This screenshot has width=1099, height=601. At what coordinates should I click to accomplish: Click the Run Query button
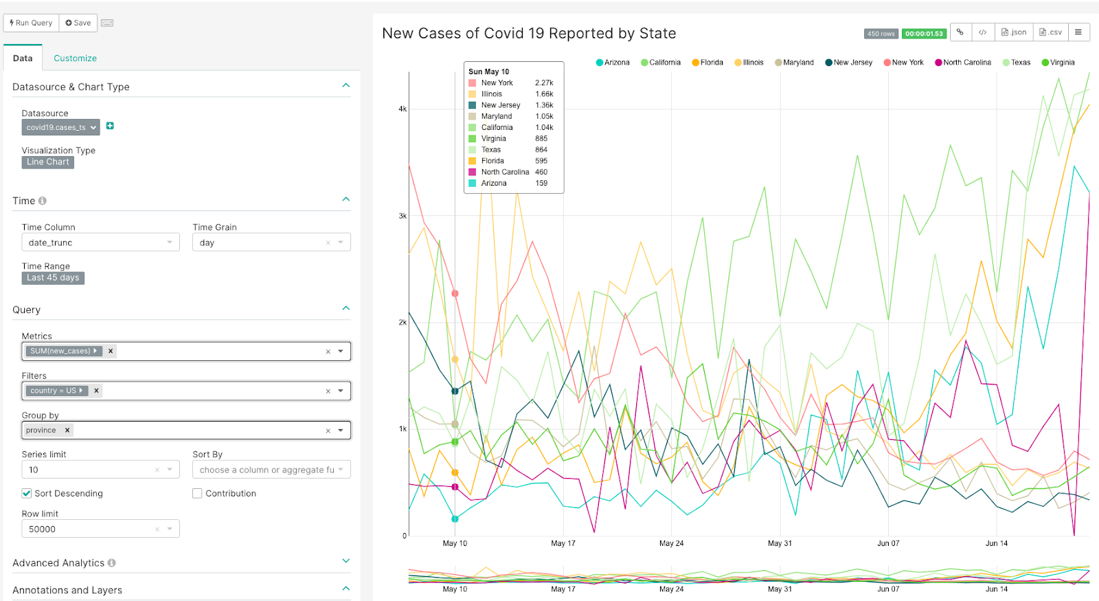coord(32,23)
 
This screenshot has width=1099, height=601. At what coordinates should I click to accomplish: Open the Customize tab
coord(75,58)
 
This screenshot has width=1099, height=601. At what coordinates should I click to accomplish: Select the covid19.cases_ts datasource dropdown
coord(60,127)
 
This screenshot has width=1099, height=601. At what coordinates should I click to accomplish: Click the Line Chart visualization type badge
coord(48,162)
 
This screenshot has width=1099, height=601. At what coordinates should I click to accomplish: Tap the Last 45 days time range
coord(53,278)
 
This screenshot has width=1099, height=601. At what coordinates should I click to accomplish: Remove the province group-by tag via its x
coord(67,430)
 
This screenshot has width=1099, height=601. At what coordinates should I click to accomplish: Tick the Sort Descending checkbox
coord(27,494)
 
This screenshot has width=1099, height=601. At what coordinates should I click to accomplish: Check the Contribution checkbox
coord(197,494)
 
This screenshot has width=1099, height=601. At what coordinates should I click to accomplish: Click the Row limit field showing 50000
coord(89,529)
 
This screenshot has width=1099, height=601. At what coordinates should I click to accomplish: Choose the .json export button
coord(1014,32)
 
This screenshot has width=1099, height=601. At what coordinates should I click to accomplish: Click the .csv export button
coord(1051,32)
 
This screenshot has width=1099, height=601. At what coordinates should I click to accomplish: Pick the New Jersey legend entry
coord(849,63)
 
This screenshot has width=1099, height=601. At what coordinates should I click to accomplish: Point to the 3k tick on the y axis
coord(403,216)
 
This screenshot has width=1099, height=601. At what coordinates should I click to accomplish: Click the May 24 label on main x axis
coord(671,543)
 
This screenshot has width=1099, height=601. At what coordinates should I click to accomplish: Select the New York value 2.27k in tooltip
coord(544,83)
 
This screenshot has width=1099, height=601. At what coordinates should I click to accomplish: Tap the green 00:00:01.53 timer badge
coord(924,34)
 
